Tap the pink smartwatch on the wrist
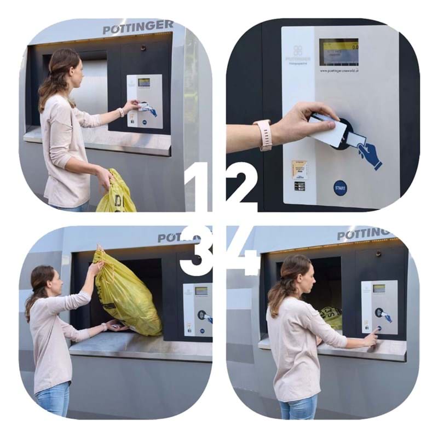tap(265, 135)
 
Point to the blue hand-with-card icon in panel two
tap(370, 154)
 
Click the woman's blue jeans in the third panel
tap(53, 400)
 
